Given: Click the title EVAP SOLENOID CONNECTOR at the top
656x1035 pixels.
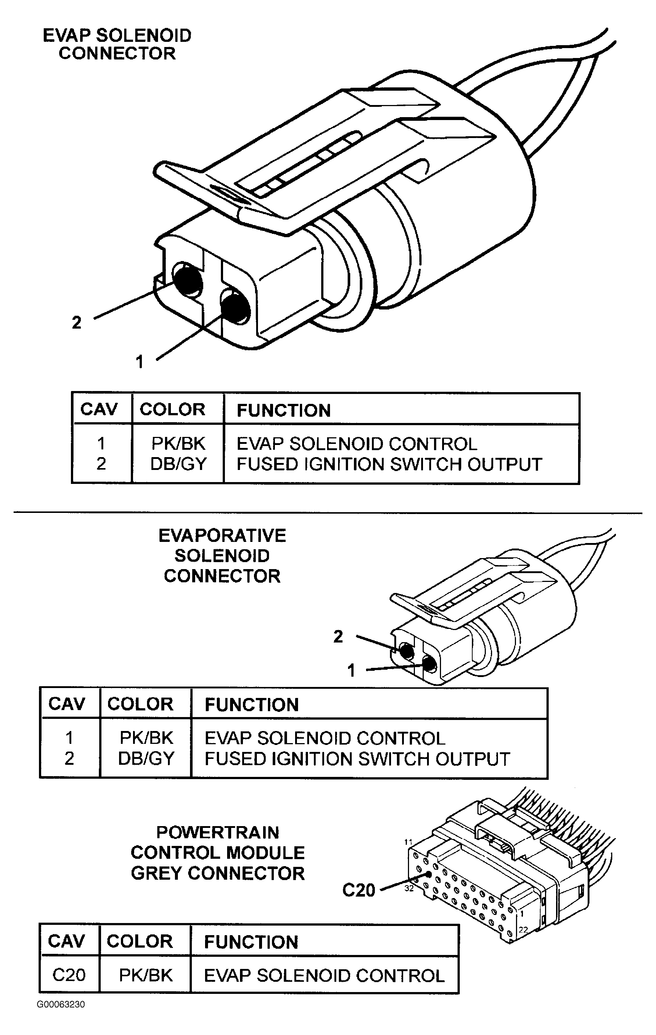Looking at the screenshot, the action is coord(117,44).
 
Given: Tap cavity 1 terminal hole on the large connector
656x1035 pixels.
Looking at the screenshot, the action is coord(235,307).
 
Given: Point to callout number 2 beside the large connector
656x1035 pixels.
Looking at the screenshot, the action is coord(76,322).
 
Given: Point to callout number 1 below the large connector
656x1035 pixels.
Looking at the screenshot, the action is coord(139,362).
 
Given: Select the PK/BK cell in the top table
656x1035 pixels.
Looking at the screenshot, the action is coord(178,444).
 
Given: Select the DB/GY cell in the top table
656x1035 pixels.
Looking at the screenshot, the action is coord(178,464).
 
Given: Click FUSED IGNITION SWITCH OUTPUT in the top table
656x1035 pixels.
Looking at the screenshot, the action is coord(389,464).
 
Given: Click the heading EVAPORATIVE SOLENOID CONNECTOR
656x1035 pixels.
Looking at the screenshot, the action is coord(222,556).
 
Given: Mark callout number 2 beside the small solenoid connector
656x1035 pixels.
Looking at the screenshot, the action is coord(338,637).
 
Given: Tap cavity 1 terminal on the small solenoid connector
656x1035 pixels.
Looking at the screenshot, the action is coord(429,665).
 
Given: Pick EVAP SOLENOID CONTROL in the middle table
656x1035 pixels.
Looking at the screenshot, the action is coord(325,738).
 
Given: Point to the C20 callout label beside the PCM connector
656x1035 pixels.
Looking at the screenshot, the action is coord(359,890).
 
